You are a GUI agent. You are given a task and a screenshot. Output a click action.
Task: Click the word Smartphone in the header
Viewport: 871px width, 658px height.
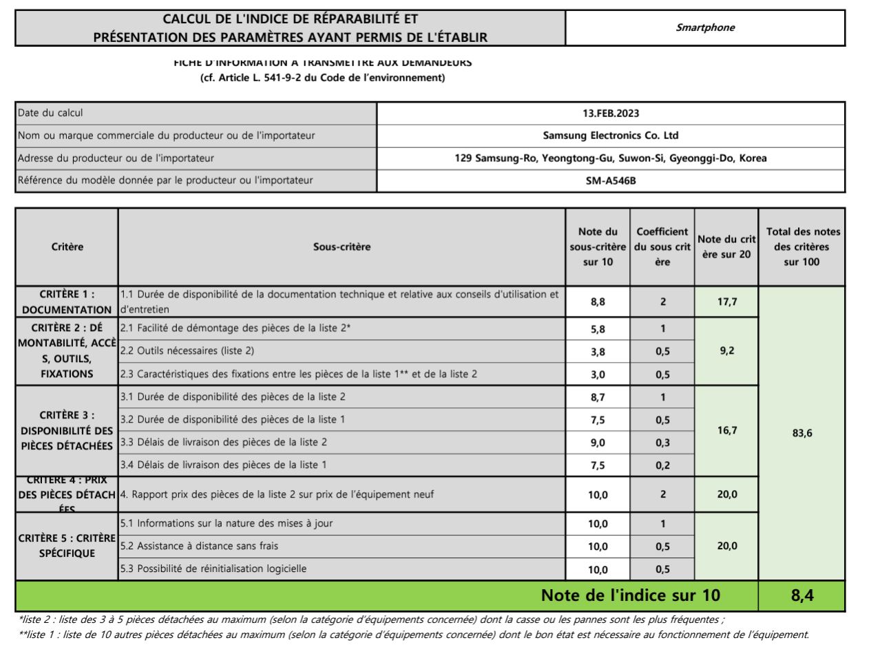[705, 28]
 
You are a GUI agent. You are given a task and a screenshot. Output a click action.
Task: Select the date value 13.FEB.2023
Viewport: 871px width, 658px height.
[611, 113]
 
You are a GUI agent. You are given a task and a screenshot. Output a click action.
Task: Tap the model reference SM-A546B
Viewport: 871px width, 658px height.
[611, 181]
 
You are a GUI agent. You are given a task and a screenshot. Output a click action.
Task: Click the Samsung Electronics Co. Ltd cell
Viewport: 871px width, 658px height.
[611, 136]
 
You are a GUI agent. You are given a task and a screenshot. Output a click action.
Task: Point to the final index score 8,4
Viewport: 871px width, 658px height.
[802, 595]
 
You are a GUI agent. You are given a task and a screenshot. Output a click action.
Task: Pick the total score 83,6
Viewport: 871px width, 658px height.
[802, 433]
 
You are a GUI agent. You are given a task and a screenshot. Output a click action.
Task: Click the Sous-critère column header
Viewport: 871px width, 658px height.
[342, 246]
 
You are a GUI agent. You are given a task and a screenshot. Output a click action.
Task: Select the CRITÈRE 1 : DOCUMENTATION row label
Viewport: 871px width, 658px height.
[67, 302]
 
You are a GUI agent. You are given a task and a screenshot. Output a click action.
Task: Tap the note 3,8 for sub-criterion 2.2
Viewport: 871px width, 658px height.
[598, 352]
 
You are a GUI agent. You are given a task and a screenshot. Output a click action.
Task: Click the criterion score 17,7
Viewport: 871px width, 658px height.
[727, 301]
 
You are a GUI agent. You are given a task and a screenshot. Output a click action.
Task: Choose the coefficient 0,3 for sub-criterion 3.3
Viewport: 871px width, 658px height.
[662, 443]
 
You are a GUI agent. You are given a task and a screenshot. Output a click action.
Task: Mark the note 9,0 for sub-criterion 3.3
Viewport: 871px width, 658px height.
[598, 443]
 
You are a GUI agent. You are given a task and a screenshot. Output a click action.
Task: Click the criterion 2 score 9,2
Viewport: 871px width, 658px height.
[727, 351]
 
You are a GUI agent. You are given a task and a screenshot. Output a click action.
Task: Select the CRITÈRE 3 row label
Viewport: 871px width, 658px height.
[67, 430]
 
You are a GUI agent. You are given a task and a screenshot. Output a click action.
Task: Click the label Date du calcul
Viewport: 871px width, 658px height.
[50, 113]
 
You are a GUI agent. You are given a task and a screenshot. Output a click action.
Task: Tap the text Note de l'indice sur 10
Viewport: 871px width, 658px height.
[630, 595]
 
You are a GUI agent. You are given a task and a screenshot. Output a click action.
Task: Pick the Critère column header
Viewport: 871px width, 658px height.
[67, 246]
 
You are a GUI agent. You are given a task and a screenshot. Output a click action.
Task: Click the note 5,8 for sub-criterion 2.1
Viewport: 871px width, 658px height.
[598, 329]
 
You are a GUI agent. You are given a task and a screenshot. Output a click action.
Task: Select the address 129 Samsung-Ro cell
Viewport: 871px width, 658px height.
[611, 158]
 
